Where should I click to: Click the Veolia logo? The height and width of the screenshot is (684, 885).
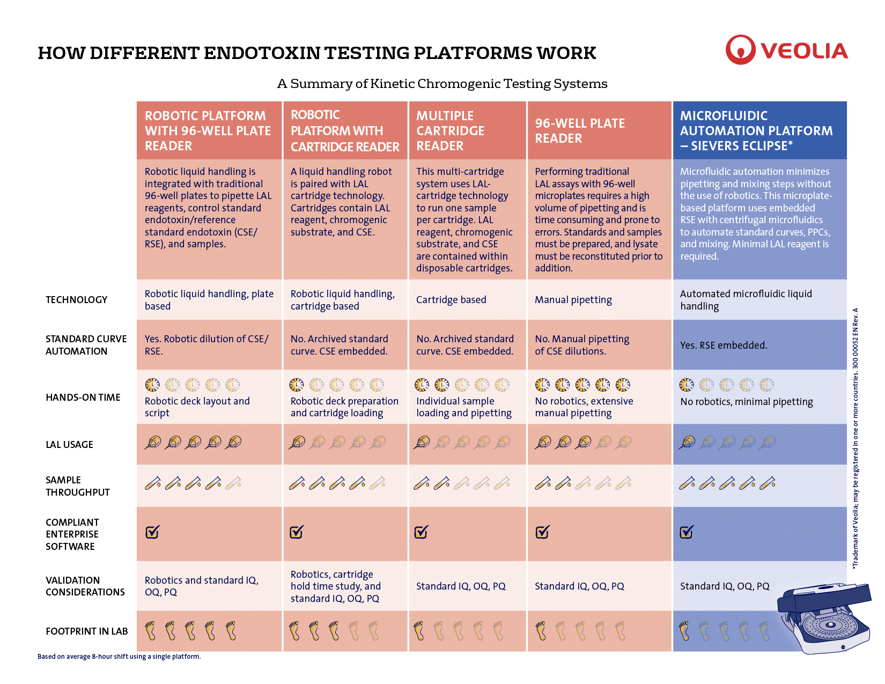click(x=786, y=50)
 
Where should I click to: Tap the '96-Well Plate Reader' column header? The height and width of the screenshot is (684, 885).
click(x=580, y=131)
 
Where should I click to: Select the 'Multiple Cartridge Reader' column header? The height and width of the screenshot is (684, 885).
click(x=450, y=131)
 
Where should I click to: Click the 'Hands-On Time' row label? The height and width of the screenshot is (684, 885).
click(x=83, y=398)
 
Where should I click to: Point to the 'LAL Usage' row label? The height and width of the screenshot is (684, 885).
click(x=69, y=445)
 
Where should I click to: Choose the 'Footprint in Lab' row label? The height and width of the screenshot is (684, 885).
click(x=86, y=631)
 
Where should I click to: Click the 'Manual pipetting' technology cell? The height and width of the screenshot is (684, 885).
click(x=573, y=300)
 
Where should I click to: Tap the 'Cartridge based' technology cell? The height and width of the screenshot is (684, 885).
click(x=451, y=300)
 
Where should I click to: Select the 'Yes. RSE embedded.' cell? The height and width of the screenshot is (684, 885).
click(x=724, y=345)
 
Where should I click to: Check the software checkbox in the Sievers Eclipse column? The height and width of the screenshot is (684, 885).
click(x=687, y=532)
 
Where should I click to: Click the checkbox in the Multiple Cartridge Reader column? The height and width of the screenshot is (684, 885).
click(x=421, y=532)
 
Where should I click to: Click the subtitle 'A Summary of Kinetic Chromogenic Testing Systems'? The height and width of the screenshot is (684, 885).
click(x=442, y=84)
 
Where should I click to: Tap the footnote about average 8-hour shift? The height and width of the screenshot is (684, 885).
click(x=119, y=657)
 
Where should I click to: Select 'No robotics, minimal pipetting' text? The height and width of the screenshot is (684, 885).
click(x=746, y=402)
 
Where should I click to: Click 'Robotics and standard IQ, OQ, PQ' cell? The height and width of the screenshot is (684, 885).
click(x=202, y=586)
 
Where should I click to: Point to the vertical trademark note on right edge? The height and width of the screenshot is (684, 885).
click(x=855, y=437)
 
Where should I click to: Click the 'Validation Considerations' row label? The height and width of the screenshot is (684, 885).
click(x=85, y=586)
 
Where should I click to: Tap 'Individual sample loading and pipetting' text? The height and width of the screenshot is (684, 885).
click(x=464, y=407)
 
